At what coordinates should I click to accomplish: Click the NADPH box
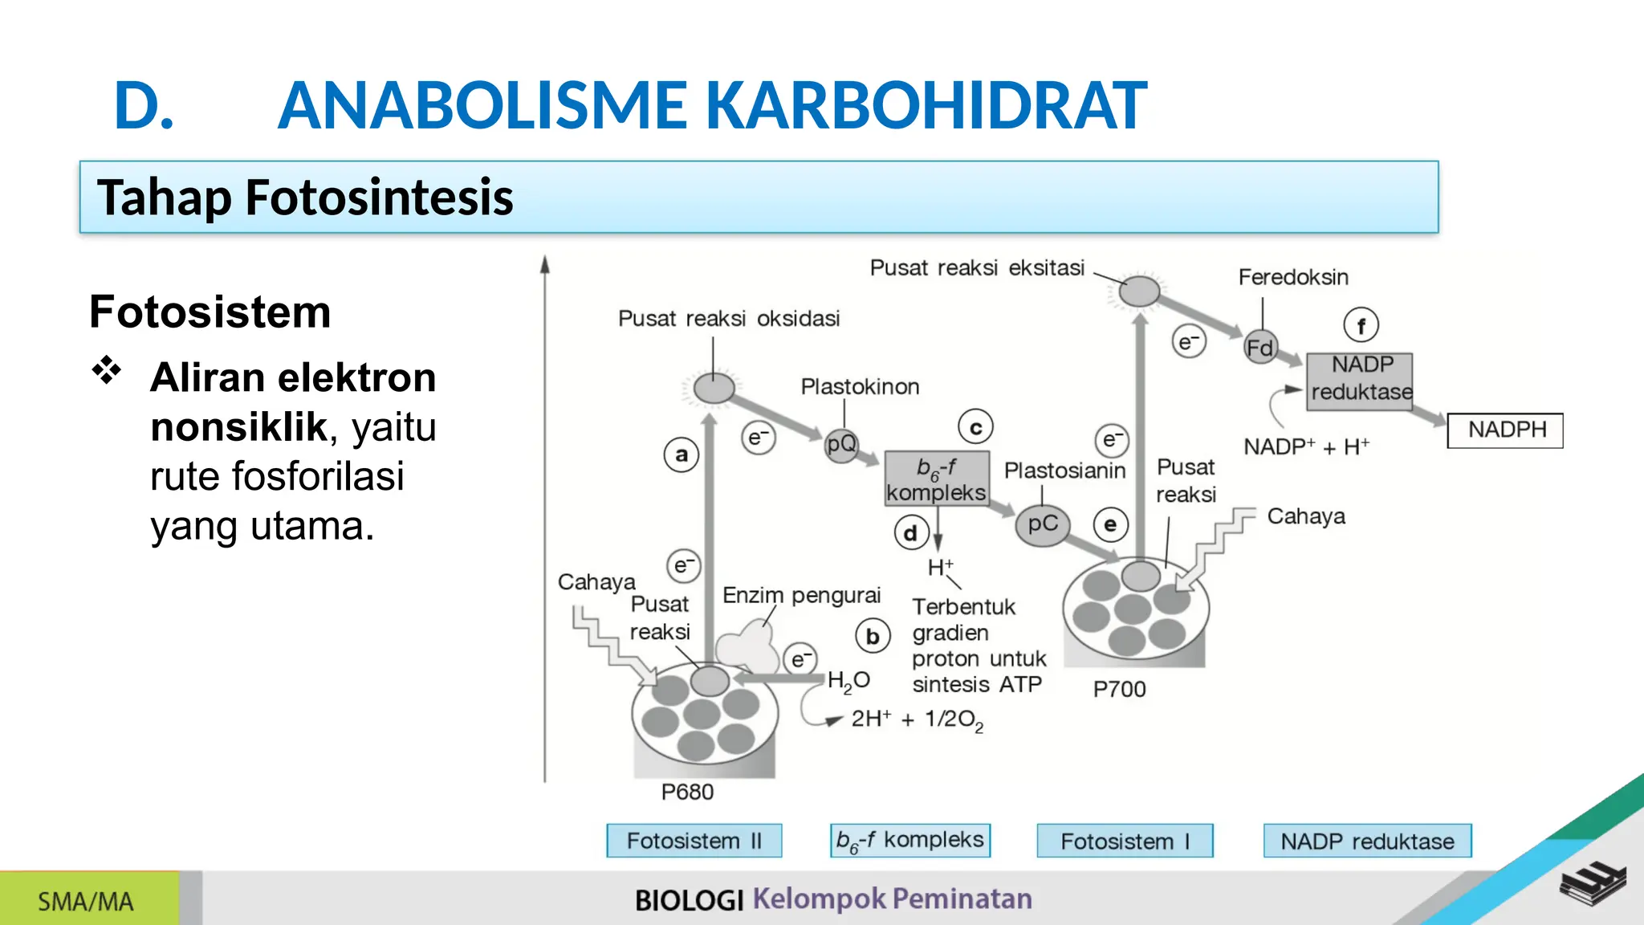[1505, 430]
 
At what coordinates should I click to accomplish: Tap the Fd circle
[1259, 348]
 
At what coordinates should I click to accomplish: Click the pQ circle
[840, 444]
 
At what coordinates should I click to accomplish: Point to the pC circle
[1043, 525]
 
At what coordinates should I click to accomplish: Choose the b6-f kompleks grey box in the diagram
[936, 479]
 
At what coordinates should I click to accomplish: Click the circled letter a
[682, 454]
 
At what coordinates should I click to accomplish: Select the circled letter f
[1361, 325]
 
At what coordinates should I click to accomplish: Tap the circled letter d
[911, 533]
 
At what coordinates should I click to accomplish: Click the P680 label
[687, 793]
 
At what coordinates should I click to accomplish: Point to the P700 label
[1119, 689]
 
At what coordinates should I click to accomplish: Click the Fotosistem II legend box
[694, 841]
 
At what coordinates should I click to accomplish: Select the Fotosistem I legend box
[1124, 841]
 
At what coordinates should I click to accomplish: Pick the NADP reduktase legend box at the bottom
[1367, 841]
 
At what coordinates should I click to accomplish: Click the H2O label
[848, 682]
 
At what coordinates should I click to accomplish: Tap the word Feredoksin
[1293, 278]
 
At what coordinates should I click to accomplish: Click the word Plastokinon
[860, 387]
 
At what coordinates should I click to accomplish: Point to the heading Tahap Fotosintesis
[305, 198]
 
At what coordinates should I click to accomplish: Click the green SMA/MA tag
[87, 901]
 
